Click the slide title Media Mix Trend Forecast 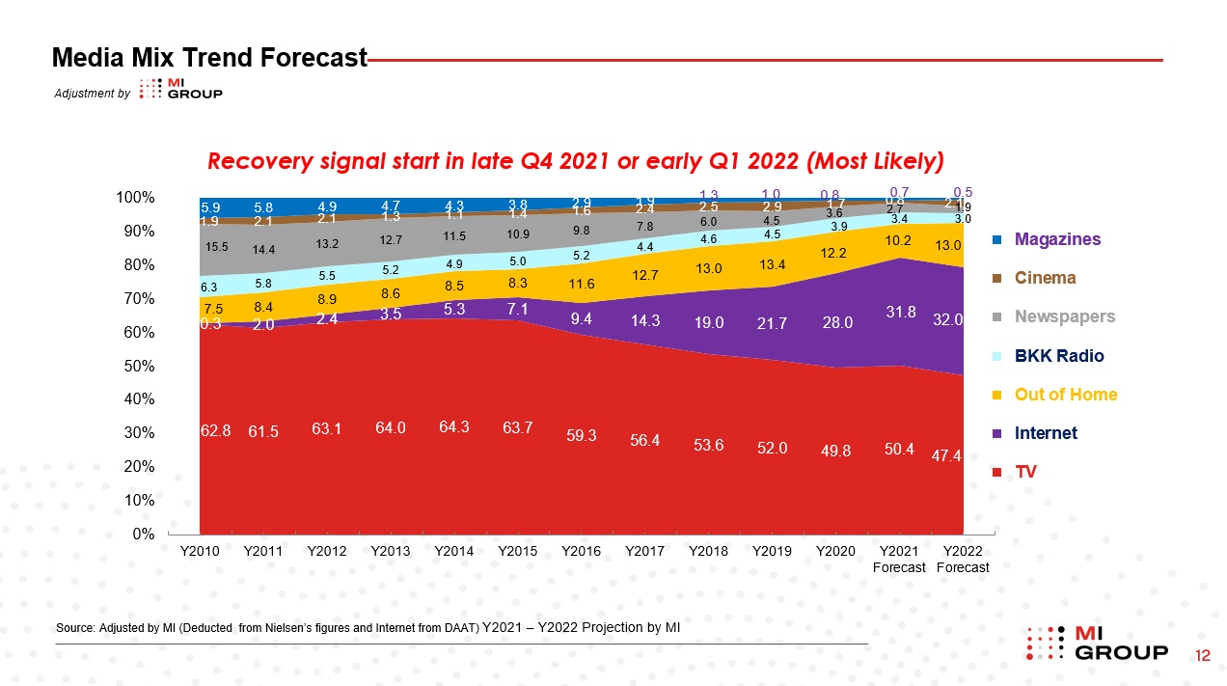point(209,58)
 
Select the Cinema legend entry point(1046,278)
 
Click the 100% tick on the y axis point(135,198)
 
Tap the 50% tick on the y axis point(138,367)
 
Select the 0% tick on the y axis point(142,535)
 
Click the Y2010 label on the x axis point(201,552)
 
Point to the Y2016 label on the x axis point(581,552)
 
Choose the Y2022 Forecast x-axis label point(962,560)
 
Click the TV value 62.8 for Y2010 point(215,431)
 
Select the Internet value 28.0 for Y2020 point(837,323)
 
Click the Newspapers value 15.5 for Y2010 point(216,247)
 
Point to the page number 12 point(1203,656)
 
